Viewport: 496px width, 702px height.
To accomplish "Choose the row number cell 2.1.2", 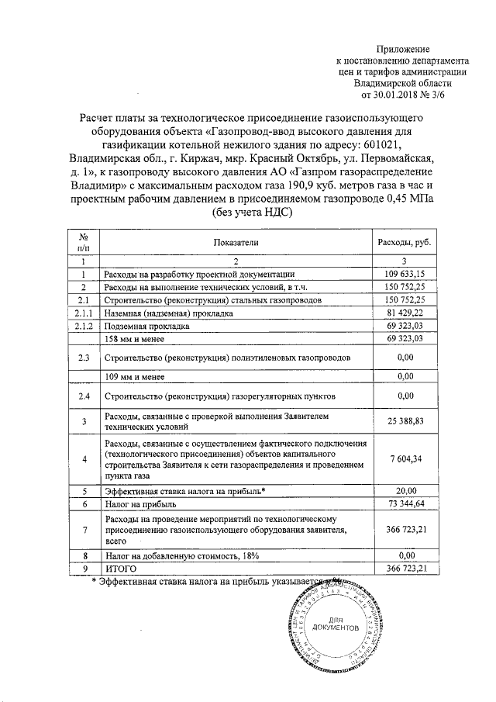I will (82, 326).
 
